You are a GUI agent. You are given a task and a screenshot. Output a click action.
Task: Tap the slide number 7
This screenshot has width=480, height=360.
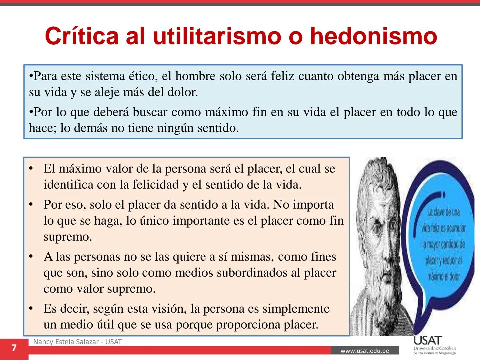click(14, 348)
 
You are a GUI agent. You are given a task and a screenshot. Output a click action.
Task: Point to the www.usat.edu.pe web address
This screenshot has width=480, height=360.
click(365, 351)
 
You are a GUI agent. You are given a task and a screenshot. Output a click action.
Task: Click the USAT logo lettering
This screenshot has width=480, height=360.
click(428, 341)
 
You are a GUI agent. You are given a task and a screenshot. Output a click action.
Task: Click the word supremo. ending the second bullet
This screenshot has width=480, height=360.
click(68, 237)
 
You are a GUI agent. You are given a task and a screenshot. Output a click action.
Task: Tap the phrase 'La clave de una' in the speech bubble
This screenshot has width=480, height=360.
click(443, 212)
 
